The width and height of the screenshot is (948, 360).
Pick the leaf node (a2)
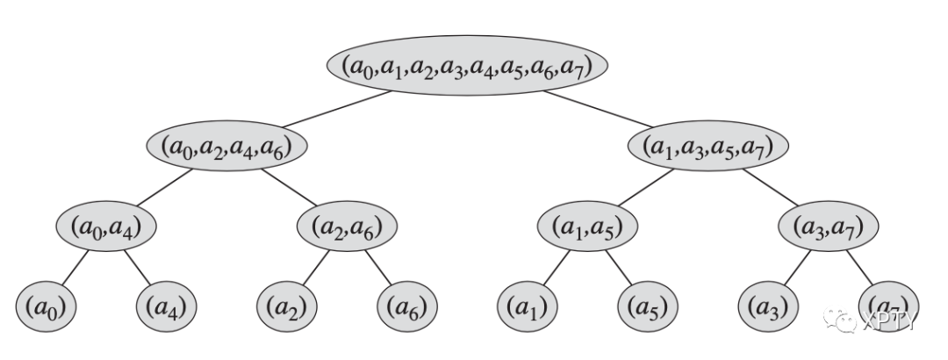(287, 307)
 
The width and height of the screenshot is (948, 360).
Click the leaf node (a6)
(407, 307)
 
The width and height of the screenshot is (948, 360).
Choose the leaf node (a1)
(528, 307)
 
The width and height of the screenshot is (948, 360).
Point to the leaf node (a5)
(648, 307)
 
